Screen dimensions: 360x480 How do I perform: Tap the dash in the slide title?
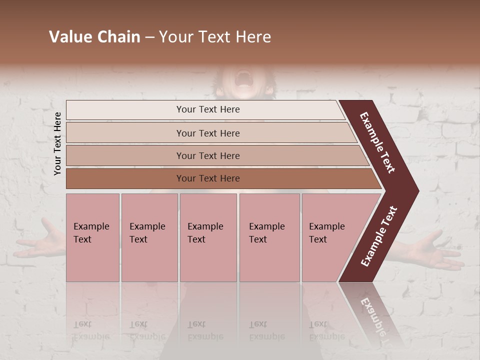(x=149, y=37)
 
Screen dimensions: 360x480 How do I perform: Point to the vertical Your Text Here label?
(x=57, y=143)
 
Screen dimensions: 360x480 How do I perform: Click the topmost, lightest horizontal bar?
(x=207, y=109)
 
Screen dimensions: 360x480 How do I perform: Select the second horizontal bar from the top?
(x=207, y=133)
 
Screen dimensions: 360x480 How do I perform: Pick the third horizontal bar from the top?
(x=207, y=155)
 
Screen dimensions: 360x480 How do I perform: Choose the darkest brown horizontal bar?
(x=207, y=178)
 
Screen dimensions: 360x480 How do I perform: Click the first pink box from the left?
(x=92, y=237)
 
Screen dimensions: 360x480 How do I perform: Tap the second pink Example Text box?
(x=149, y=237)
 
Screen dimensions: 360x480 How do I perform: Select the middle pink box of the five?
(x=208, y=237)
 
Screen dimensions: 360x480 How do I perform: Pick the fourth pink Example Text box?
(x=269, y=237)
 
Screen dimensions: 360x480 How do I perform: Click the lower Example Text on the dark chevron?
(x=379, y=236)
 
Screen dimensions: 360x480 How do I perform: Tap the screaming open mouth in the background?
(x=244, y=78)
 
